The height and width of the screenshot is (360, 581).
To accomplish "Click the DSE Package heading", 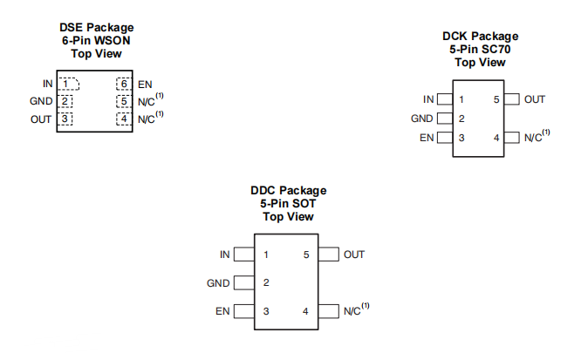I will click(x=96, y=28).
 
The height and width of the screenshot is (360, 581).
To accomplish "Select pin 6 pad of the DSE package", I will click(x=123, y=84).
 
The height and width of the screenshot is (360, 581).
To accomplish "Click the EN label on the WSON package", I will click(x=145, y=84).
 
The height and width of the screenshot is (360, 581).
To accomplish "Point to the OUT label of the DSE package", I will click(x=41, y=119).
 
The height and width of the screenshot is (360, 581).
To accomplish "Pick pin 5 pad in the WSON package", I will click(x=123, y=101).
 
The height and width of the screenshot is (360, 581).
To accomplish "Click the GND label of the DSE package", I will click(x=41, y=101).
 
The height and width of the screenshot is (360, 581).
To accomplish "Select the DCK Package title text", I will click(x=480, y=36).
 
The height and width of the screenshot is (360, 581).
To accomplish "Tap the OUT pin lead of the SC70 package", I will click(x=512, y=99).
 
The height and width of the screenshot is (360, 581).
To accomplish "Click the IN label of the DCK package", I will click(x=428, y=99).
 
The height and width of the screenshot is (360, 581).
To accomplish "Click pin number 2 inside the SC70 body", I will click(x=461, y=119).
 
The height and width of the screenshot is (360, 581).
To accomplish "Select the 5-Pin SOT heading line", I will click(x=288, y=203).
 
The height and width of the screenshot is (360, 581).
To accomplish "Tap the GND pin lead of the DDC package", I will click(x=244, y=283).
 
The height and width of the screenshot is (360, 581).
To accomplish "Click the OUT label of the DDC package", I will click(x=354, y=255).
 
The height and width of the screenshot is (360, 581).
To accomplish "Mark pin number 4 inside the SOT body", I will click(x=305, y=311).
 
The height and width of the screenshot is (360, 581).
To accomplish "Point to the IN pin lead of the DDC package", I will click(x=244, y=255).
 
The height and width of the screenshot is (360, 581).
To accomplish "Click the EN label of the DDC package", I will click(x=222, y=311).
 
